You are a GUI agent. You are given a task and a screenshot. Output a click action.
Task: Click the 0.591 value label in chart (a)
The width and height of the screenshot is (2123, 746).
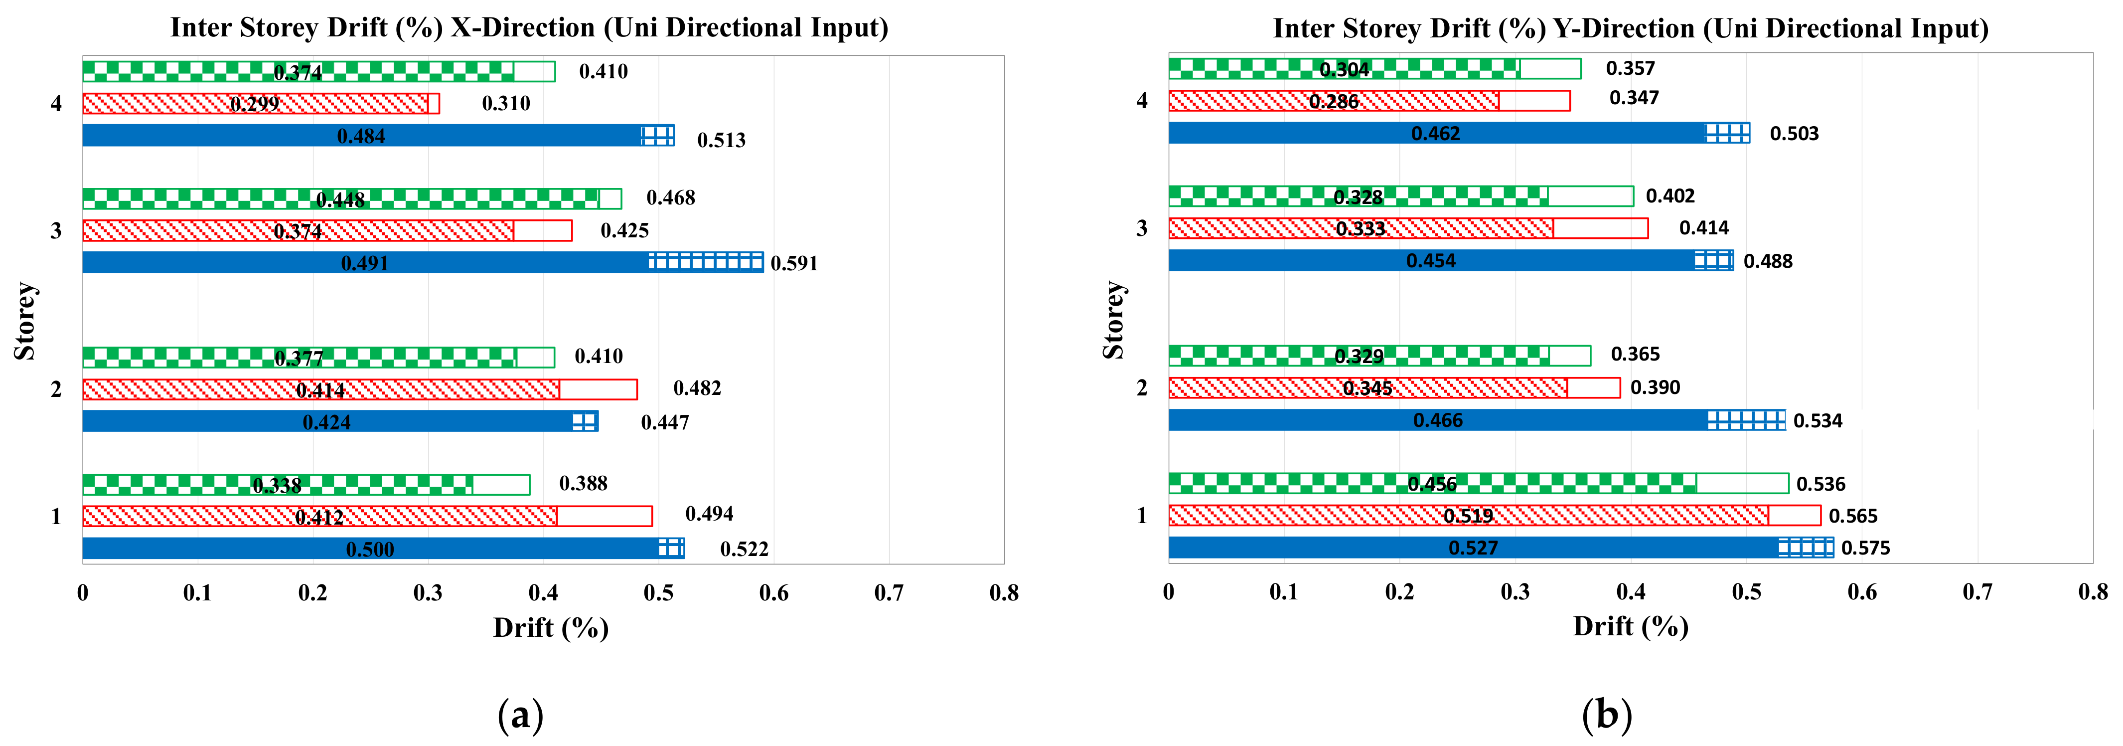pos(794,264)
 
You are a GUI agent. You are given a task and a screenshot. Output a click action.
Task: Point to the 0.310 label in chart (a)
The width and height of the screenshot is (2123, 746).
pos(506,104)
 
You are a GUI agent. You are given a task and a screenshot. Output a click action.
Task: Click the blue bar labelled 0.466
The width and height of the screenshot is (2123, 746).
pos(1319,420)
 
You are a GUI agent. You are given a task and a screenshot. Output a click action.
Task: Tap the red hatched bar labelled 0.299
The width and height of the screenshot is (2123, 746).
pos(165,104)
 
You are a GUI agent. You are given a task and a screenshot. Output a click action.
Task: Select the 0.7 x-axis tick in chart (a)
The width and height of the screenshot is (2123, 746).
pos(889,593)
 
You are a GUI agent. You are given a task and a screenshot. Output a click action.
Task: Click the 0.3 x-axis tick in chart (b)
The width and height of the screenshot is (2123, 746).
pos(1515,592)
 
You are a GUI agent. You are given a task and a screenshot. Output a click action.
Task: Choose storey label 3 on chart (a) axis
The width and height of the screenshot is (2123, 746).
pos(56,231)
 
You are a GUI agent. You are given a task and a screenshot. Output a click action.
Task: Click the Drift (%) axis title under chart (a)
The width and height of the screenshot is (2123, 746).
pos(551,628)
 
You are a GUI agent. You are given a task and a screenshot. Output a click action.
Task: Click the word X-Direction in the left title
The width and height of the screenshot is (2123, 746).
pos(522,28)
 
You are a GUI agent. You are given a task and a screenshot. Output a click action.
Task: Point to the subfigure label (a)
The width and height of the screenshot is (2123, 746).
pos(521,714)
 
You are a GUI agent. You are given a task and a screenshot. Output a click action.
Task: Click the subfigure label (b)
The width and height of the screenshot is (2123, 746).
pos(1606,714)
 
